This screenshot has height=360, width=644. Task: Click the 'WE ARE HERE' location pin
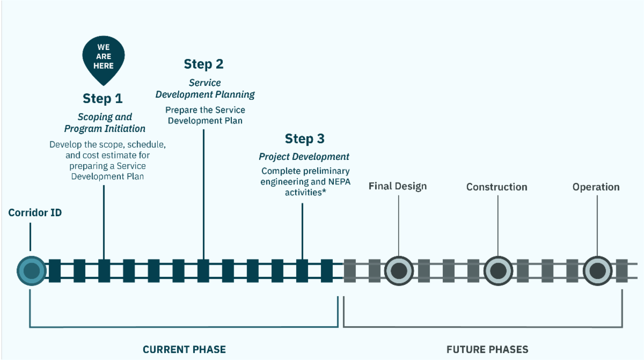pyautogui.click(x=103, y=58)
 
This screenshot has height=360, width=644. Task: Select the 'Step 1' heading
pyautogui.click(x=103, y=98)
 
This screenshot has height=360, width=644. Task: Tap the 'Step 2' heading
pyautogui.click(x=203, y=64)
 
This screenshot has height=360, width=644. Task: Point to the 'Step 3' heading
pyautogui.click(x=304, y=139)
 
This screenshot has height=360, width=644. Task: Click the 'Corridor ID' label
pyautogui.click(x=35, y=213)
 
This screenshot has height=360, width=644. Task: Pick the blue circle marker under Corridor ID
pyautogui.click(x=31, y=270)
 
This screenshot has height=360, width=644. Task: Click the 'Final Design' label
pyautogui.click(x=398, y=186)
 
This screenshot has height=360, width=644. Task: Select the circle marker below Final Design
pyautogui.click(x=398, y=270)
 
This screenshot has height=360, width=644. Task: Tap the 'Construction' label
pyautogui.click(x=496, y=187)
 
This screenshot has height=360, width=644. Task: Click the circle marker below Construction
pyautogui.click(x=498, y=270)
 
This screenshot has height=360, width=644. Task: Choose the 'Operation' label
pyautogui.click(x=596, y=187)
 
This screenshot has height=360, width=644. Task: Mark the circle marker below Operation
pyautogui.click(x=597, y=270)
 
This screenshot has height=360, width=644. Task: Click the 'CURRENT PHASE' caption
pyautogui.click(x=184, y=349)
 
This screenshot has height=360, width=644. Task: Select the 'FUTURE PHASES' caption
pyautogui.click(x=487, y=349)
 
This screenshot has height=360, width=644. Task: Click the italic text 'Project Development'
pyautogui.click(x=304, y=157)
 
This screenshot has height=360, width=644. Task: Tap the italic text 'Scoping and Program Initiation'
pyautogui.click(x=105, y=123)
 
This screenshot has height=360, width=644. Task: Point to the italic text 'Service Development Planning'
pyautogui.click(x=205, y=89)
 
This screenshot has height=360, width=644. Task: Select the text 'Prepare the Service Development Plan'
pyautogui.click(x=205, y=115)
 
